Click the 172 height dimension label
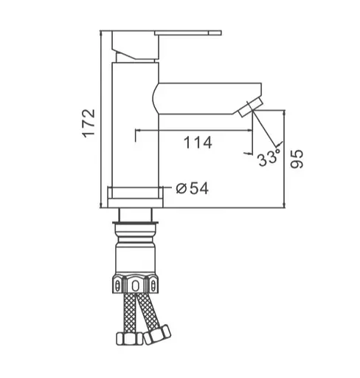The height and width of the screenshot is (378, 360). pos(89,123)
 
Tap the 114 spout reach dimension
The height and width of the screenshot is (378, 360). pos(198,142)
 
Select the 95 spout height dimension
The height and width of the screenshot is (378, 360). pos(297,159)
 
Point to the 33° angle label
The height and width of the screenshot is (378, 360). pos(269,158)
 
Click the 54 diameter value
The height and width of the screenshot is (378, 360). pos(199,188)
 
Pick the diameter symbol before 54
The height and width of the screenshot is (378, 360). pos(181,189)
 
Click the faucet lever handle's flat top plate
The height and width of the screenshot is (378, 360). pos(188,33)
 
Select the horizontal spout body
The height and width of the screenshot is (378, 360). pos(207,99)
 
